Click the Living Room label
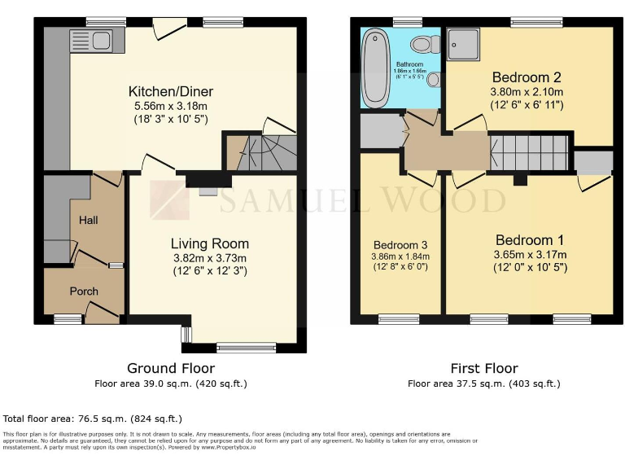[x=209, y=243]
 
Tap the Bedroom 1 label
[x=529, y=240]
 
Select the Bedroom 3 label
[x=400, y=245]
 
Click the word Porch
[x=83, y=291]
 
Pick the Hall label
[x=88, y=221]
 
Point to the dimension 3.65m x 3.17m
[x=529, y=255]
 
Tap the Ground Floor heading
[x=171, y=369]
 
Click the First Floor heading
[x=483, y=369]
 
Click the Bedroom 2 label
[x=525, y=77]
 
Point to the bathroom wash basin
[x=432, y=78]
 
